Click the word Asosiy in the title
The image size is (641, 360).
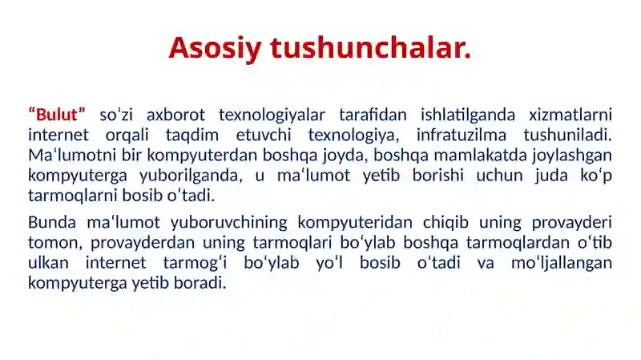pos(215,49)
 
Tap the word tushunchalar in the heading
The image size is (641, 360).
pos(370,47)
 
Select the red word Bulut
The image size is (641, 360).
pos(56,115)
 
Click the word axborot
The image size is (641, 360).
pos(175,115)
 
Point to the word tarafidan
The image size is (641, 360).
pos(373,115)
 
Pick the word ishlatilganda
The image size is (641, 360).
pos(468,115)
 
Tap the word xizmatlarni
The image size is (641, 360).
pos(570,115)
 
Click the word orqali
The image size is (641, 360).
pos(127,135)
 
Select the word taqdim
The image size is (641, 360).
pos(192,135)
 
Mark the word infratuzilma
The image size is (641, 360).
pos(462,135)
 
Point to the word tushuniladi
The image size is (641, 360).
pos(567,135)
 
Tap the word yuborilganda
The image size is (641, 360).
pos(191,176)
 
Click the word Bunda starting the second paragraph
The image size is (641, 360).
pos(52,222)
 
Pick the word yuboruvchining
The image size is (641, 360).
pos(229,223)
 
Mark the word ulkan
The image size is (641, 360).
pos(48,263)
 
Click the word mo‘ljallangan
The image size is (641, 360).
pos(562,264)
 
